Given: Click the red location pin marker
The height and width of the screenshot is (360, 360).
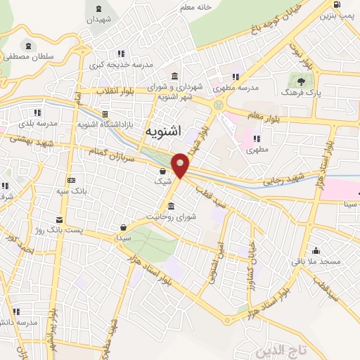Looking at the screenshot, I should pos(181,165).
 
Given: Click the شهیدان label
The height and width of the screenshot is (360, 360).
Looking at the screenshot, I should pos(98,20).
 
